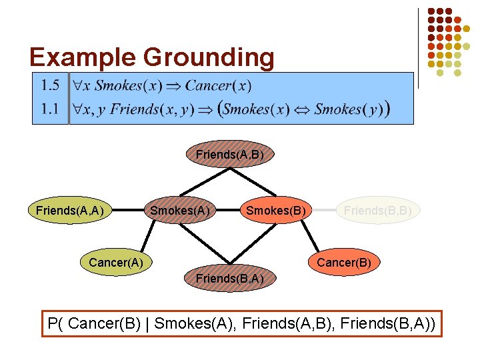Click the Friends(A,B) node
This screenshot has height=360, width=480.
coord(230,155)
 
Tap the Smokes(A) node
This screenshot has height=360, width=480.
coord(179,211)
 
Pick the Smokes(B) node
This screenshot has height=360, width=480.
coord(276,211)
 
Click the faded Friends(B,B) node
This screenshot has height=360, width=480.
coord(377,211)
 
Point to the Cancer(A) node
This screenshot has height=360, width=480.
coord(115,263)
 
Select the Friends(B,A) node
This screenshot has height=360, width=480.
coord(230,278)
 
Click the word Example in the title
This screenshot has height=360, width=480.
coord(73,57)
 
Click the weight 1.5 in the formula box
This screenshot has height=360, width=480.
coord(50,85)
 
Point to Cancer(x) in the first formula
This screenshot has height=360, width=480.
coord(218,85)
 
